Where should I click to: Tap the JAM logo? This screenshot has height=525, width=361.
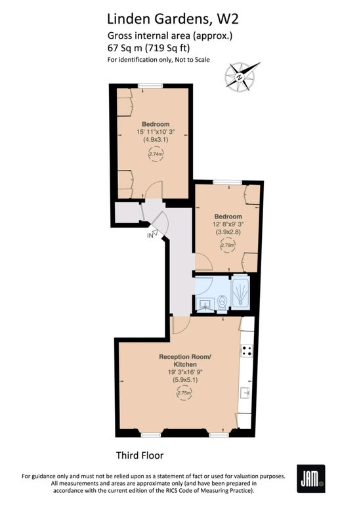(310, 478)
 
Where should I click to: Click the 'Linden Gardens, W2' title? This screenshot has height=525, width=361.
(173, 19)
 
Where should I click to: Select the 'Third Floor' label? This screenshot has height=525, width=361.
(140, 455)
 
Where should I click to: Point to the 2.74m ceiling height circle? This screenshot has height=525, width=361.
(156, 154)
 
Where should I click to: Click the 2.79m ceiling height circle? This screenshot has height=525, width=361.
(227, 245)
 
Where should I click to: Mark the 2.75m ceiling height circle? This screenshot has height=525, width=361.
(184, 392)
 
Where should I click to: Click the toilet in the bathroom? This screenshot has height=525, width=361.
(223, 303)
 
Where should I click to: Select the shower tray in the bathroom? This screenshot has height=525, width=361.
(240, 292)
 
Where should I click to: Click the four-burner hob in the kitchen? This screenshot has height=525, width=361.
(247, 350)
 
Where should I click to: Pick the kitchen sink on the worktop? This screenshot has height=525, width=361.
(245, 392)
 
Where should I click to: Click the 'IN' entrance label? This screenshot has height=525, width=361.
(150, 236)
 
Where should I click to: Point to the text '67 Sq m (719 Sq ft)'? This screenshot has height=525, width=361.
(149, 48)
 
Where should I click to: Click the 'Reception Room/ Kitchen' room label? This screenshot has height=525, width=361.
(185, 360)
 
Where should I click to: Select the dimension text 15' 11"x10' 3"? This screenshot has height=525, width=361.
(156, 132)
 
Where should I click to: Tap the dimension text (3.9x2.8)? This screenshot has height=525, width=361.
(228, 232)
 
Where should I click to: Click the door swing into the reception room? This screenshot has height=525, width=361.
(181, 325)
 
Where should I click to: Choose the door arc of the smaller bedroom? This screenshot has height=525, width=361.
(203, 262)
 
